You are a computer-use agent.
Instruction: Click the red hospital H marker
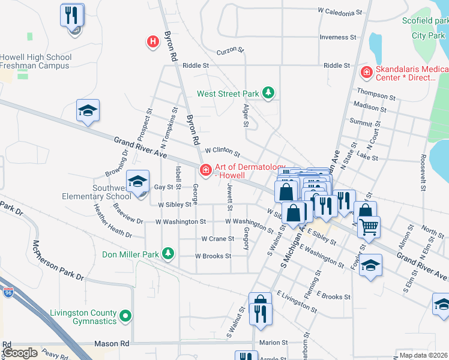(153, 41)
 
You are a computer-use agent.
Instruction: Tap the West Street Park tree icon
(269, 93)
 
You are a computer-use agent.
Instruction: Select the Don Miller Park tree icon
(169, 254)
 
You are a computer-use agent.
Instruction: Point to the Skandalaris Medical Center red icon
(366, 73)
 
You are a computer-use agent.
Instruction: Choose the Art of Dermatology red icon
(205, 170)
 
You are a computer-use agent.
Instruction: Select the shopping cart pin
(369, 227)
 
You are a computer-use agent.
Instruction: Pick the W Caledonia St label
(340, 11)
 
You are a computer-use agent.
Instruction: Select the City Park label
(428, 35)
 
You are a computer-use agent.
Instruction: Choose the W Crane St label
(217, 239)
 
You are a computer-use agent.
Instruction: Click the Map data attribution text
(424, 355)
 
